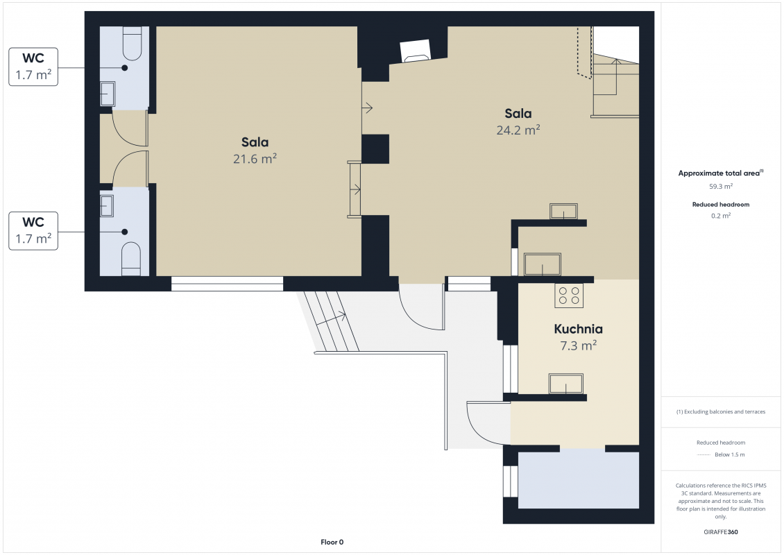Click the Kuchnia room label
point(578,329)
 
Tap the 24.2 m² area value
point(518,130)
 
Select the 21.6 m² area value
point(255,158)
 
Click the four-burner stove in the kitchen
point(569,296)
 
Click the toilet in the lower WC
point(132,259)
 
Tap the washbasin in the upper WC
point(108,94)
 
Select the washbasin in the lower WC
point(107,206)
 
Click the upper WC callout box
point(33,67)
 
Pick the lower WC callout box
point(33,231)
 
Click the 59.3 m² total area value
point(720,187)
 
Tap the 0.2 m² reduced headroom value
point(720,216)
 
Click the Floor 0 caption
point(332,542)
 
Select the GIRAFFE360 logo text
point(720,532)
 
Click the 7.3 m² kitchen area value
point(578,345)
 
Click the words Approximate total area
point(719,173)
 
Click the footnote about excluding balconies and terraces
point(720,412)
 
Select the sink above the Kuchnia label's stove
point(542,264)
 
